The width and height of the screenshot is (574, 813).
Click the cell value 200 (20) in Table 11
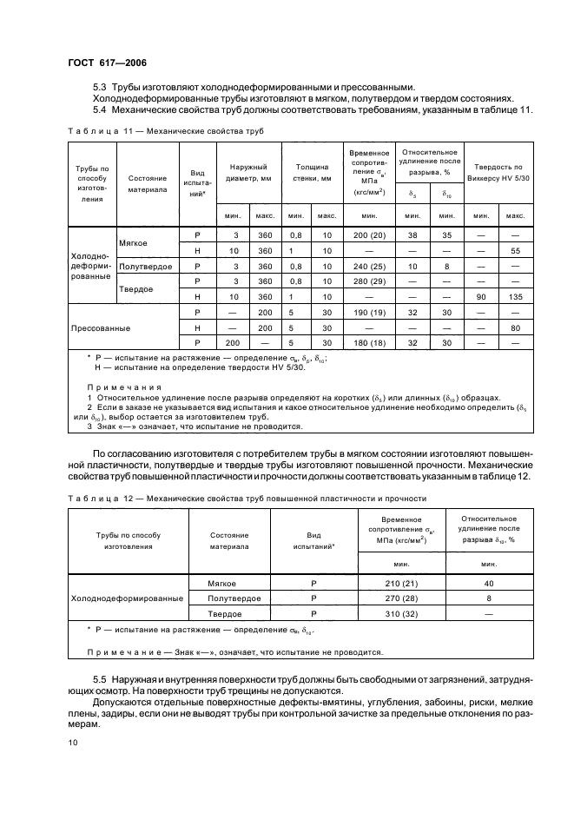click(369, 235)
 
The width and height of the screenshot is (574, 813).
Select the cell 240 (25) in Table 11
click(369, 266)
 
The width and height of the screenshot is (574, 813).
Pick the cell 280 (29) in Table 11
click(369, 281)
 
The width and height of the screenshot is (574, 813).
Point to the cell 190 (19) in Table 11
click(369, 313)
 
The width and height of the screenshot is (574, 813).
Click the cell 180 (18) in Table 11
click(369, 343)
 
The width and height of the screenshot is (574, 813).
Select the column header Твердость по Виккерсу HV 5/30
click(499, 171)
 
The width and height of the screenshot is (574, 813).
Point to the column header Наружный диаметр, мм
click(248, 173)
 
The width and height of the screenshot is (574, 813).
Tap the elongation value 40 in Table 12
click(490, 583)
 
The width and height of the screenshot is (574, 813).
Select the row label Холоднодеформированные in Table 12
click(126, 598)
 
